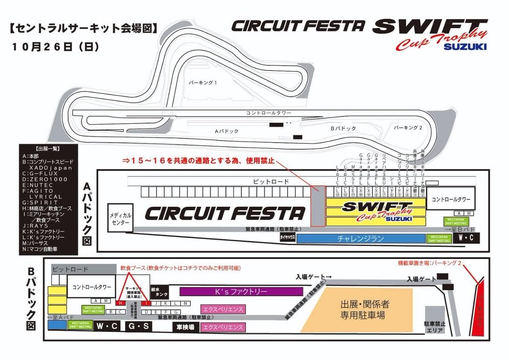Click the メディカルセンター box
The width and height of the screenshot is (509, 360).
(120, 219)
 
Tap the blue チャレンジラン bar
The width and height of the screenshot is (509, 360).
(360, 239)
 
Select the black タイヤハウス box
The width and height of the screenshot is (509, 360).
(287, 239)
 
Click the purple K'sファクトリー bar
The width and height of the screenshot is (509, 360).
(241, 292)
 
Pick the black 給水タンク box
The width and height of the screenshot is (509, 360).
(159, 292)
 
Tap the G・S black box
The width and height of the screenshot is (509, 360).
(139, 327)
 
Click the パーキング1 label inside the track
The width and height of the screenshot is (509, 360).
(203, 83)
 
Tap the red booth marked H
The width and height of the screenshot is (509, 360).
(120, 303)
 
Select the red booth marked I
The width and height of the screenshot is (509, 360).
(146, 303)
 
